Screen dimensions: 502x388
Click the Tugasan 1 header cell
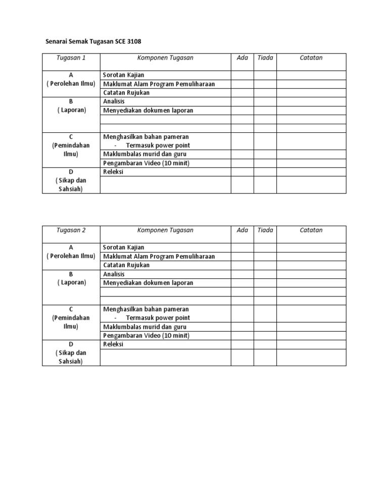click(71, 58)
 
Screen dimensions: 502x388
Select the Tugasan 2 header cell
click(71, 230)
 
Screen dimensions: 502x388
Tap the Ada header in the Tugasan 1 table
click(242, 58)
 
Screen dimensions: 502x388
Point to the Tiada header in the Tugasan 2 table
click(265, 230)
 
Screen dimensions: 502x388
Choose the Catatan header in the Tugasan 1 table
click(311, 58)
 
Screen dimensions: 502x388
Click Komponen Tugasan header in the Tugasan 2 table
click(165, 230)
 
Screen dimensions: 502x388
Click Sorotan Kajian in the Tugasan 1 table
click(124, 75)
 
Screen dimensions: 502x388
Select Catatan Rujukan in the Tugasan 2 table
click(126, 265)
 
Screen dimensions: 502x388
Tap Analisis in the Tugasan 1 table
click(114, 102)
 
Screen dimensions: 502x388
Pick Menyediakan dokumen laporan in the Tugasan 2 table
click(148, 283)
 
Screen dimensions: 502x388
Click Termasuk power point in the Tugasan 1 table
click(158, 145)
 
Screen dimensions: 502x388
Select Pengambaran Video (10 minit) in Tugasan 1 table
click(147, 163)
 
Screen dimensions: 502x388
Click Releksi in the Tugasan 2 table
click(114, 344)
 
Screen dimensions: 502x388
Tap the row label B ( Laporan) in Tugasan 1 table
click(71, 106)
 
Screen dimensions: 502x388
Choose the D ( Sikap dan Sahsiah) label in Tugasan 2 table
click(71, 353)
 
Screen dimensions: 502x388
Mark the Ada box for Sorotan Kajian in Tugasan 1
click(242, 75)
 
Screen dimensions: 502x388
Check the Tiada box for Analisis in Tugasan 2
click(265, 274)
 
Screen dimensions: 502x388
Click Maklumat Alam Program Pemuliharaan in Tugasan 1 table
click(159, 84)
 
